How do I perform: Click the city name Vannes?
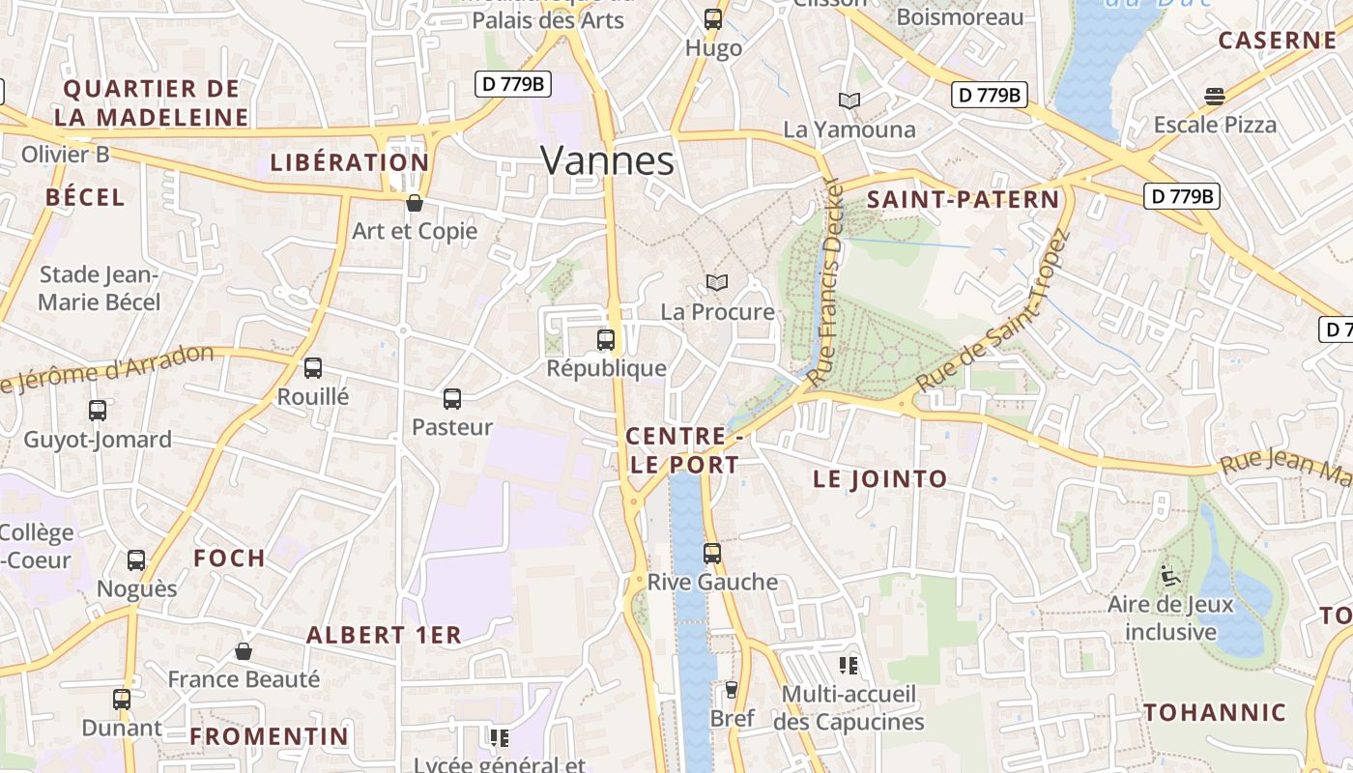click(607, 160)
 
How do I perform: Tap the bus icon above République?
click(606, 340)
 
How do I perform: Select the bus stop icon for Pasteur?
click(451, 398)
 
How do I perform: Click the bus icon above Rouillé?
click(313, 368)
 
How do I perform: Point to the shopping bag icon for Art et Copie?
click(415, 203)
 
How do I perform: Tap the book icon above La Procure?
click(716, 282)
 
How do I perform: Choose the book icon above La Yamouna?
click(849, 100)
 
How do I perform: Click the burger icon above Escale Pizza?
click(1215, 96)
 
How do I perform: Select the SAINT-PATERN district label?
click(963, 200)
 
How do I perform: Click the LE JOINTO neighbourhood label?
click(880, 479)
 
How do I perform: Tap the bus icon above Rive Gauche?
click(712, 554)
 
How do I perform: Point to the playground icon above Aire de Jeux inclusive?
click(1170, 577)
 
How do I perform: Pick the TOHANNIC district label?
click(1215, 713)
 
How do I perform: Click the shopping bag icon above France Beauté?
click(244, 651)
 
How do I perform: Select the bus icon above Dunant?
click(122, 700)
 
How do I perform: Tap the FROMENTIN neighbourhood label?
click(269, 736)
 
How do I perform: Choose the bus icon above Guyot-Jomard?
click(98, 411)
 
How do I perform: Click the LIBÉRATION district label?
click(349, 162)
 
